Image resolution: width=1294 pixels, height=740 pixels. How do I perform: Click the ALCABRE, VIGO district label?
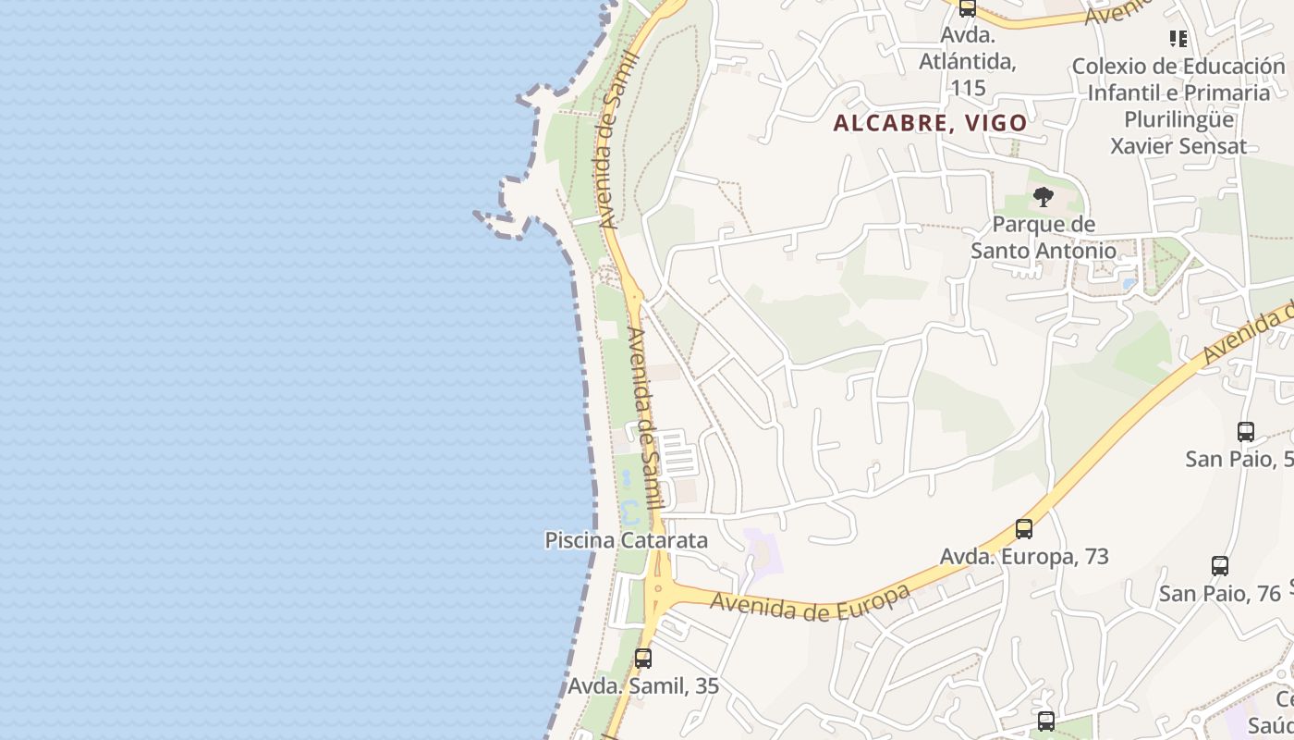tap(930, 123)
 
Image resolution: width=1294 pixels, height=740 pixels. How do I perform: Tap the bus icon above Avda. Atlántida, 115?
tap(968, 8)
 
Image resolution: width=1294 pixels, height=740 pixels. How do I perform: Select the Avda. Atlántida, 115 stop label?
tap(968, 61)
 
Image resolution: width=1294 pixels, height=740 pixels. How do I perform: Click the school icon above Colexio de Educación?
tap(1178, 39)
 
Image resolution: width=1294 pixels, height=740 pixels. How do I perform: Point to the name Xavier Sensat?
tap(1178, 146)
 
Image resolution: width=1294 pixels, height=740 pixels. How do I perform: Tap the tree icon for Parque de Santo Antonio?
tap(1044, 197)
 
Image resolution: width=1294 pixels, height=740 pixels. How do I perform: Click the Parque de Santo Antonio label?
tap(1044, 238)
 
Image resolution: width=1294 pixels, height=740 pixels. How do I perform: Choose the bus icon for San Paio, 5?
tap(1246, 432)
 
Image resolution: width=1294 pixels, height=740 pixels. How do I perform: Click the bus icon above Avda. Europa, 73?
tap(1024, 529)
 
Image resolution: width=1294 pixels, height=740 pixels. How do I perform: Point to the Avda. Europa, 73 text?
tap(1024, 557)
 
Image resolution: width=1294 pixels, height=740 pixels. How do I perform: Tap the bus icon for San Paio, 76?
tap(1220, 566)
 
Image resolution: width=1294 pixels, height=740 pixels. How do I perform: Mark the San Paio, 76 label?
tap(1220, 593)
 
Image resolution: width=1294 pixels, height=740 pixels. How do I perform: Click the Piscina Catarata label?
tap(626, 540)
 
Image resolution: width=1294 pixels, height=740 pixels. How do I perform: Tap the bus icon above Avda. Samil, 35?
tap(643, 659)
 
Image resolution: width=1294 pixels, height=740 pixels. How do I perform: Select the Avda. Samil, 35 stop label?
tap(643, 686)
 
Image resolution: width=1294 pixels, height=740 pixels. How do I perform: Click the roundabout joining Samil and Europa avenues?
tap(659, 586)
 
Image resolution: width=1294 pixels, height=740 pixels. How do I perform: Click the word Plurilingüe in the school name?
tap(1178, 119)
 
